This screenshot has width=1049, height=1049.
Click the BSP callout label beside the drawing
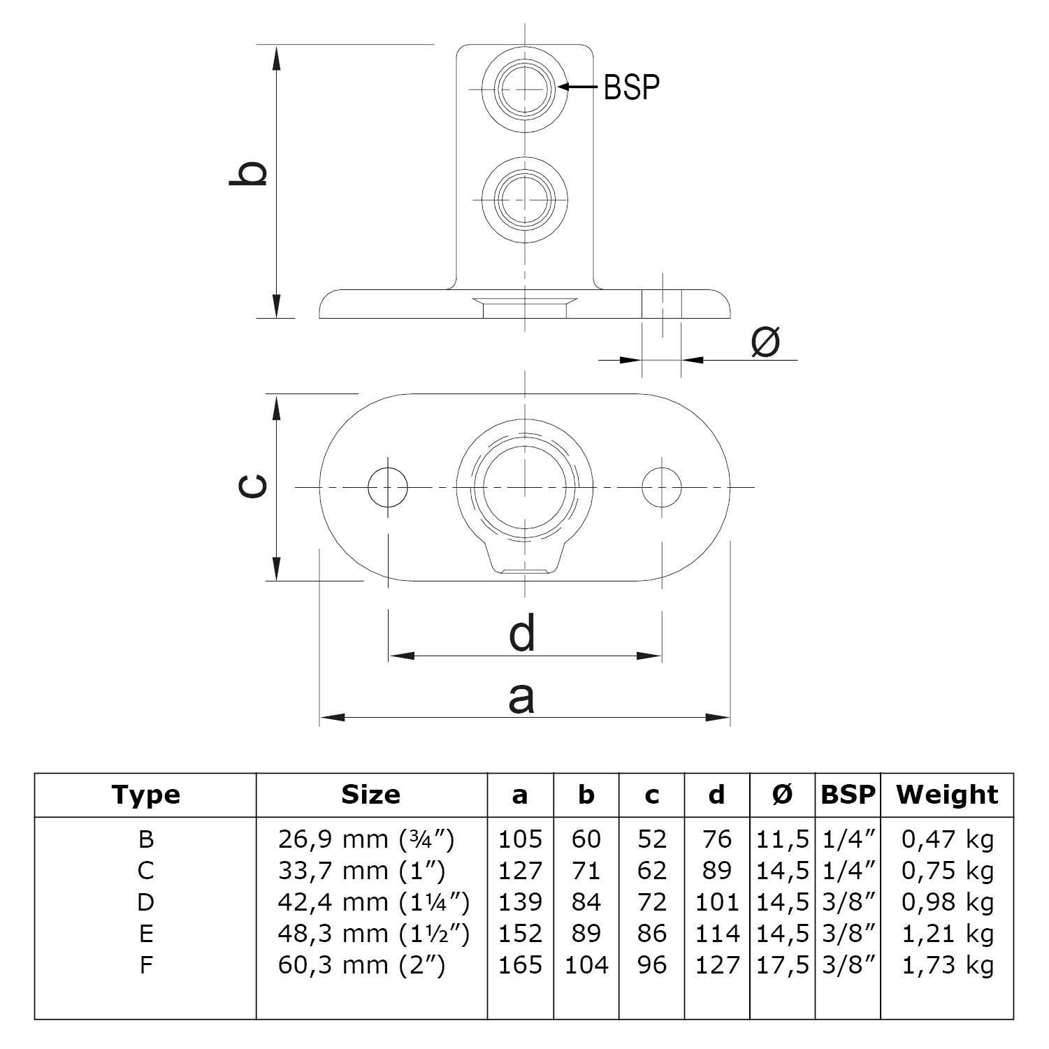click(x=631, y=87)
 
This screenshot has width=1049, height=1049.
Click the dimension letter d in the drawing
click(x=522, y=632)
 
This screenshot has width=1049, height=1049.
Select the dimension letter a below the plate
click(x=521, y=697)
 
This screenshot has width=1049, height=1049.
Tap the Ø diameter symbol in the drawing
click(x=765, y=342)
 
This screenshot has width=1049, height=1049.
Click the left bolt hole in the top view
click(x=388, y=486)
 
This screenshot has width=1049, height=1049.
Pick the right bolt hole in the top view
click(x=661, y=486)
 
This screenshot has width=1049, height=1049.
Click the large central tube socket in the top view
click(x=525, y=486)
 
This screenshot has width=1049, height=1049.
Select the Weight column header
click(x=946, y=795)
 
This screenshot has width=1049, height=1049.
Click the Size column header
click(x=370, y=795)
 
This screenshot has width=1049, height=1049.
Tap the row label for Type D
click(x=145, y=902)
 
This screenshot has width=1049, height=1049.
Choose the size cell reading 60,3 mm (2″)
click(x=361, y=965)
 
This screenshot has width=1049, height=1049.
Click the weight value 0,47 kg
click(x=947, y=839)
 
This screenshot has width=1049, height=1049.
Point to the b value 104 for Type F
click(x=586, y=965)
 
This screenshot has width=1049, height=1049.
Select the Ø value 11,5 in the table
click(x=782, y=839)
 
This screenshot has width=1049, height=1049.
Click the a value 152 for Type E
click(x=520, y=934)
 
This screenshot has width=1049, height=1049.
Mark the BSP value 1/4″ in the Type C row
click(x=848, y=871)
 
